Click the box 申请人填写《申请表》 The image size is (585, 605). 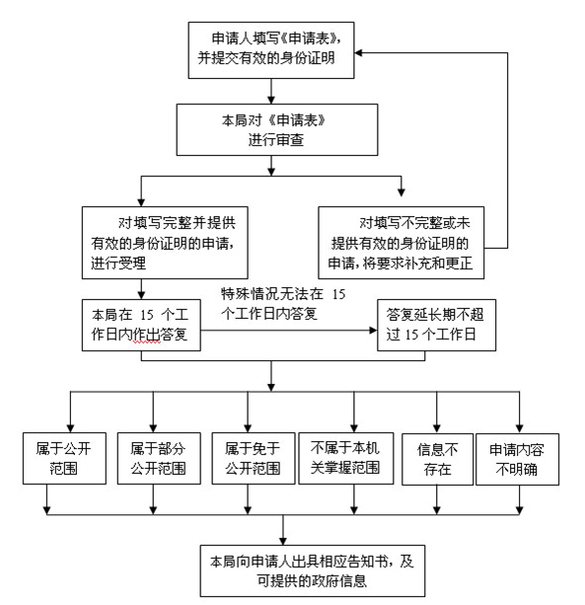click(271, 50)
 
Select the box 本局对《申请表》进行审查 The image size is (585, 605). click(277, 129)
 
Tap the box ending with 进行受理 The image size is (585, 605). click(165, 243)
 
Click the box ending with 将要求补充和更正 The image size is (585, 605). click(402, 243)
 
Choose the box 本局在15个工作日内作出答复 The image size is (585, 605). click(141, 325)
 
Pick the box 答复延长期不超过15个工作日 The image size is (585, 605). click(437, 325)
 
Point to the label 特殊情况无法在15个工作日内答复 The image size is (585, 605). click(283, 304)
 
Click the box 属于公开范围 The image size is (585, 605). click(64, 458)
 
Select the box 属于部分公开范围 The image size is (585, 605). click(159, 458)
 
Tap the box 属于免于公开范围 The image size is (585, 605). click(254, 458)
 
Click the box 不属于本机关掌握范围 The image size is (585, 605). click(346, 458)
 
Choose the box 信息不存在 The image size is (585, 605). click(437, 459)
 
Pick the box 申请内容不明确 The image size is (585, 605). click(518, 459)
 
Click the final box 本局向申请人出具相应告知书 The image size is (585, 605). click(313, 570)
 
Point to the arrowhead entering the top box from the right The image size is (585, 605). click(358, 52)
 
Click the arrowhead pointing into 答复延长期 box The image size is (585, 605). click(373, 331)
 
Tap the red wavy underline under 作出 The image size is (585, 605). click(147, 342)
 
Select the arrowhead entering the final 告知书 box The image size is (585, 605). click(283, 541)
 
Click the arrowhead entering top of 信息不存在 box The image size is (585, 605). click(437, 429)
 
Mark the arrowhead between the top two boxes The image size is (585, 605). click(271, 100)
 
